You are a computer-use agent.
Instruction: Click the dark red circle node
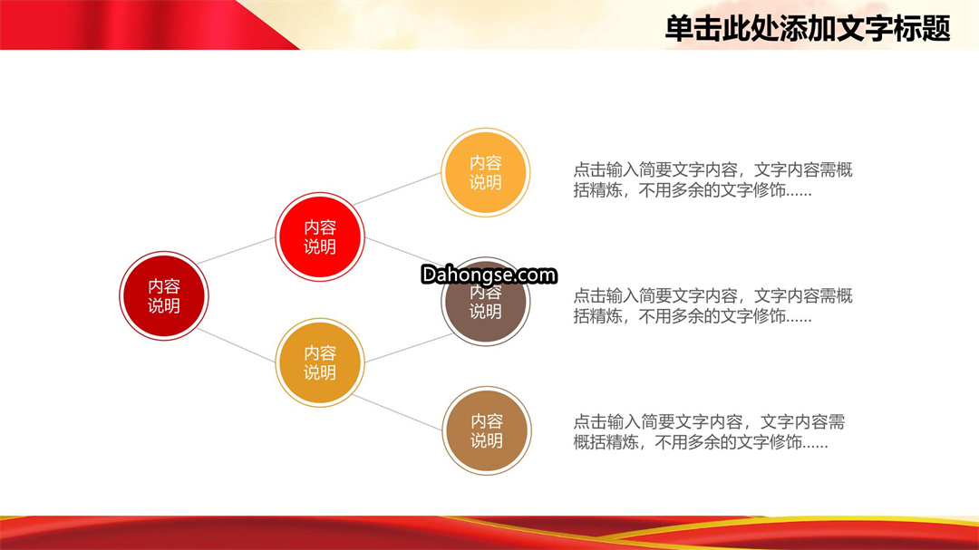pos(163,296)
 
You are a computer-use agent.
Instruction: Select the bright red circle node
pos(320,236)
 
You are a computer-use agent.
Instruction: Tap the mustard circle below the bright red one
pos(320,362)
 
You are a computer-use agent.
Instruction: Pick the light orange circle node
pos(486,172)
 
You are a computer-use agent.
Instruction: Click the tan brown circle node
pos(487,430)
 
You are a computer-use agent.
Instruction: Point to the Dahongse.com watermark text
pos(489,275)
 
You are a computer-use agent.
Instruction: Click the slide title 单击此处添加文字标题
pos(808,29)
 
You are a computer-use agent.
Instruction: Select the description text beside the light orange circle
pos(713,179)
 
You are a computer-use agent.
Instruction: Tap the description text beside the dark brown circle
pos(713,306)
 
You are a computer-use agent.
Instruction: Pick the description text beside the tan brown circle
pos(709,432)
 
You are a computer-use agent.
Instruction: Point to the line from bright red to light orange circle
pos(397,188)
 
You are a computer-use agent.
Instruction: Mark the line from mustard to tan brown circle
pos(398,412)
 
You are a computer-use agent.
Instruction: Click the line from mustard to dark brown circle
pos(408,348)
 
